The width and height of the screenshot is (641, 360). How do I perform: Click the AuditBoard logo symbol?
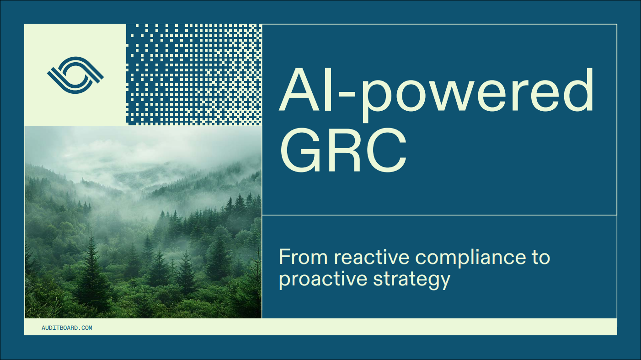(x=75, y=75)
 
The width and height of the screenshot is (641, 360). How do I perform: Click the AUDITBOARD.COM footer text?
(x=67, y=328)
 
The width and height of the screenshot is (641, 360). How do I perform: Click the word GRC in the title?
(x=343, y=150)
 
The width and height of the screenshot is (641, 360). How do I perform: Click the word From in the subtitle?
(x=303, y=257)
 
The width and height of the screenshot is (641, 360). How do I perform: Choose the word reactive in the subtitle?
(x=372, y=257)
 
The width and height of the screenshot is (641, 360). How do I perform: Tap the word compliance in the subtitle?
(x=470, y=258)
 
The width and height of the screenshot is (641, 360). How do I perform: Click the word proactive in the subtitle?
(x=323, y=279)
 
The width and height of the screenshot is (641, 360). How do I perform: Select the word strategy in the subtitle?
(x=411, y=280)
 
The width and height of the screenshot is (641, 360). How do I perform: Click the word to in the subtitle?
(x=541, y=257)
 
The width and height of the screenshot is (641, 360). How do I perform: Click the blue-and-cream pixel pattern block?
(x=194, y=75)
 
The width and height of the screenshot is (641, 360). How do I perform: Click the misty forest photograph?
(x=144, y=222)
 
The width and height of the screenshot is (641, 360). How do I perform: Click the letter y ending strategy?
(x=443, y=282)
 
